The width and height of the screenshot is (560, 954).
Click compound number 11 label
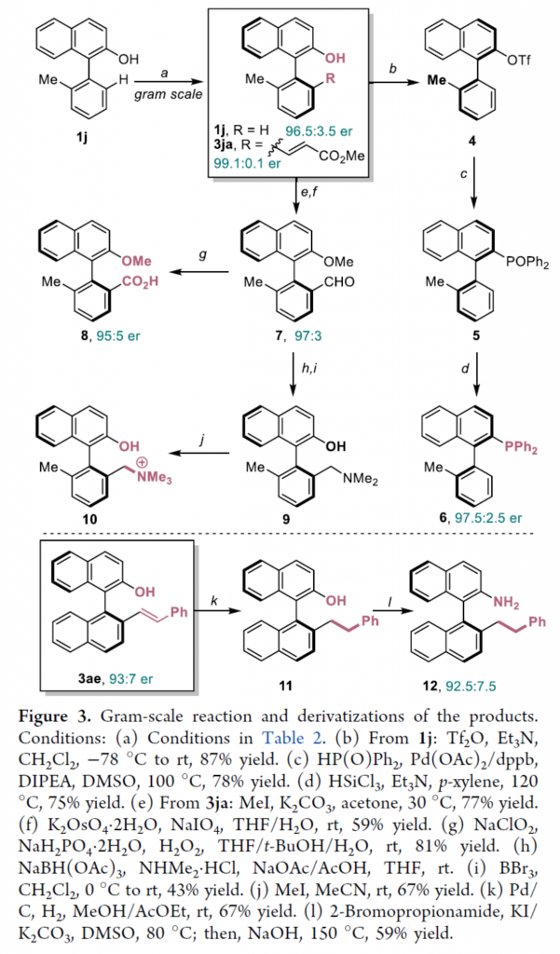tap(283, 686)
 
